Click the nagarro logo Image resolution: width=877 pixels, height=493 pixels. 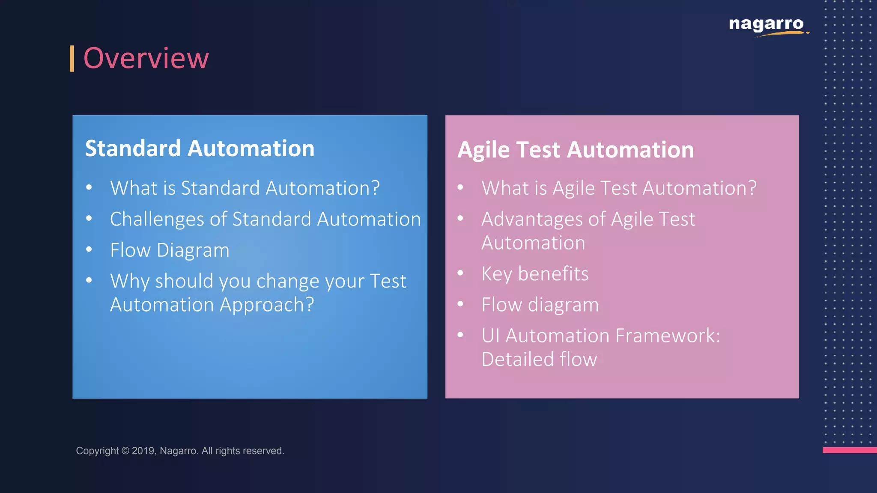[767, 25]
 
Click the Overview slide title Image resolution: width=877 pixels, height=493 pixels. [146, 58]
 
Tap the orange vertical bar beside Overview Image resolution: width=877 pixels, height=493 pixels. [72, 59]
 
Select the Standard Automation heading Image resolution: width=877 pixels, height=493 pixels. [200, 148]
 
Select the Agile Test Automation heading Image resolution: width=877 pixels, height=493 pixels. [576, 150]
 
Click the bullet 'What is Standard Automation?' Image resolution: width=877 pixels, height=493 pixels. [245, 188]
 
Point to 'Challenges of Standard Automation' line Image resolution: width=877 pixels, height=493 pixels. [265, 219]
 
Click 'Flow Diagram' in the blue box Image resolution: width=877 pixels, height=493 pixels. [170, 250]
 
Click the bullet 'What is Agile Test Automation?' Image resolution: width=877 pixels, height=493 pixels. [619, 188]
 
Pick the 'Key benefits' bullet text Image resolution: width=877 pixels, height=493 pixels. [535, 274]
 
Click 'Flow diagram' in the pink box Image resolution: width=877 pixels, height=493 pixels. [540, 305]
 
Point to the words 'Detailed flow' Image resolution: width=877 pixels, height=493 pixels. [539, 359]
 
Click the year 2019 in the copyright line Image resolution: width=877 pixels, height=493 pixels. [143, 451]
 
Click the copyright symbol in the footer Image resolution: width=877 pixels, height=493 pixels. [125, 451]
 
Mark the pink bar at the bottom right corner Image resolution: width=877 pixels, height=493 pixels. [850, 450]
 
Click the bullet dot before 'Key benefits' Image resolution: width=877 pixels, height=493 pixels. [460, 273]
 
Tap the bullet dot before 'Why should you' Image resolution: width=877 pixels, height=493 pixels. [89, 280]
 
